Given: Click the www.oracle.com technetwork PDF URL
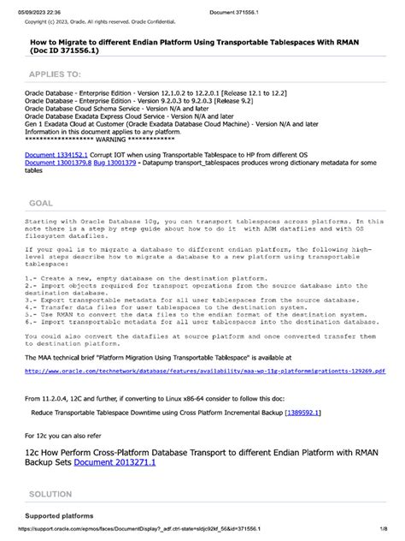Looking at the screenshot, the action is pos(205,372).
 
